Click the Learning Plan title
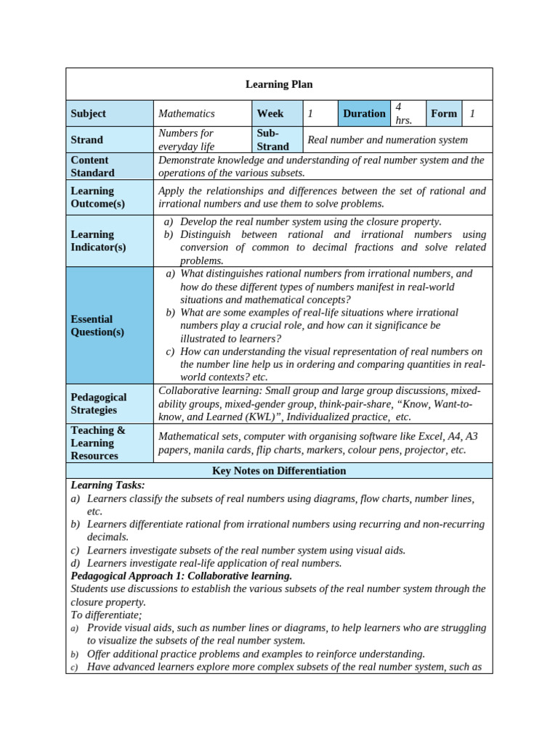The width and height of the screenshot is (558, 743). [279, 84]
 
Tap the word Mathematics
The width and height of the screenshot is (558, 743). [187, 113]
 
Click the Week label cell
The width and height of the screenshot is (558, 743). [270, 113]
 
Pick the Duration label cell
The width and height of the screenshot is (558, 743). [364, 113]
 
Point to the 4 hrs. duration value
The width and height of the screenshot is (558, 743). [404, 113]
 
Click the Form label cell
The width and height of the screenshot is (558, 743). [443, 113]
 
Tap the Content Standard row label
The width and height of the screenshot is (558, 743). [92, 166]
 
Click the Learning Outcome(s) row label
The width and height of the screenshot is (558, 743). [97, 197]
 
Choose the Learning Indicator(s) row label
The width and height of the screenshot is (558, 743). [98, 241]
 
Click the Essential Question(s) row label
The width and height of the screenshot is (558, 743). [97, 325]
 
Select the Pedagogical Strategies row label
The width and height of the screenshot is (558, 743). [98, 403]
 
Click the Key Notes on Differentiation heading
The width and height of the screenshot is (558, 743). [279, 471]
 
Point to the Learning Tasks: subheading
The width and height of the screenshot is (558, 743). [108, 485]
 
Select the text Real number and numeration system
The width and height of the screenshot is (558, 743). [388, 139]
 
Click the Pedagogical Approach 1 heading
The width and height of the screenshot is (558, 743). [181, 575]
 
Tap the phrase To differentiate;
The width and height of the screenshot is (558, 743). [106, 615]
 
